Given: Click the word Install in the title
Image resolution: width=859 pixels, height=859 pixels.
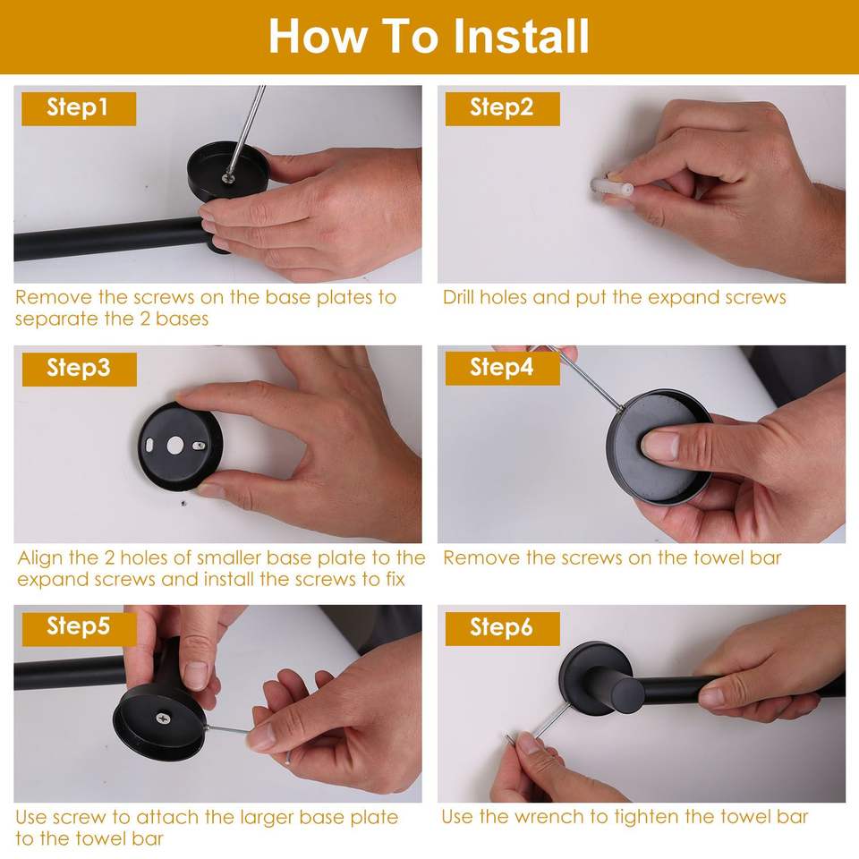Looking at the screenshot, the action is click(x=522, y=36).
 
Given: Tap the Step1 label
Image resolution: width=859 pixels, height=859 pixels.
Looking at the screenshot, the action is click(x=79, y=108).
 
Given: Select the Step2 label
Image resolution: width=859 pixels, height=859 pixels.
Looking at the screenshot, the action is click(x=502, y=108).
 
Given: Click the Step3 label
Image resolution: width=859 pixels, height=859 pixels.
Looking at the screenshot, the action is click(x=79, y=369).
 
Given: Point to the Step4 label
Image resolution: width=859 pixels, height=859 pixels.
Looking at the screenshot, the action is click(x=502, y=368).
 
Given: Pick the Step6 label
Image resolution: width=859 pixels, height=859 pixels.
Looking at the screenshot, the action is click(x=502, y=628).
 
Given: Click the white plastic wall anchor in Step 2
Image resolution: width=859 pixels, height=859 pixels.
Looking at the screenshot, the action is click(x=611, y=187).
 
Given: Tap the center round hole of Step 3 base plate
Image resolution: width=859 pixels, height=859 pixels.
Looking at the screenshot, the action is click(x=174, y=446).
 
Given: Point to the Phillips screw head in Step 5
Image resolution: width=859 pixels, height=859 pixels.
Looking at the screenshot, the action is click(x=163, y=717).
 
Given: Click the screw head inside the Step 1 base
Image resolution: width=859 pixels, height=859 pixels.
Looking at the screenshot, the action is click(x=227, y=177).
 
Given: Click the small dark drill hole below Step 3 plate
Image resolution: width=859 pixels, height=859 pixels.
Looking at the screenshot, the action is click(x=184, y=503).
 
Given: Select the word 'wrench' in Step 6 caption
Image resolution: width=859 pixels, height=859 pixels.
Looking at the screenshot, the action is click(x=549, y=817).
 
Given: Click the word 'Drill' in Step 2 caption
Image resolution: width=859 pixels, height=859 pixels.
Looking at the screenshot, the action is click(x=458, y=297).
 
